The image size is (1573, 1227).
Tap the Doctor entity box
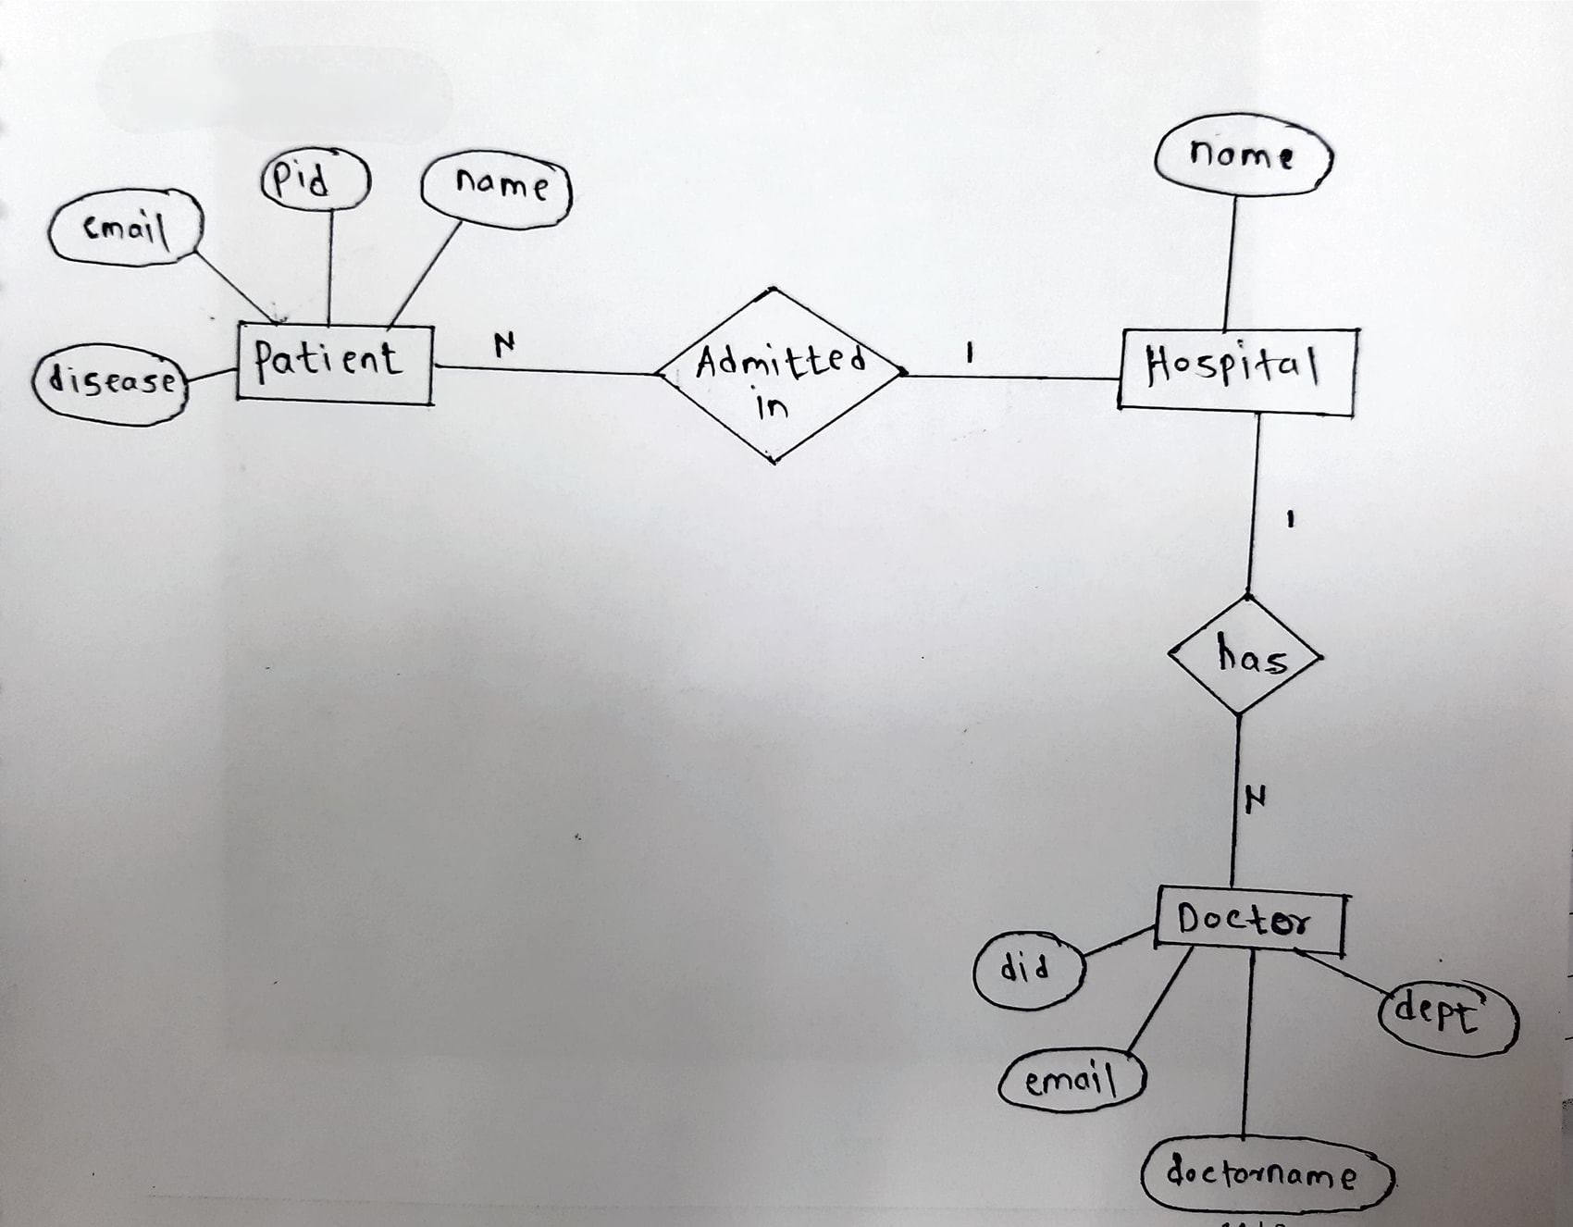pyautogui.click(x=1249, y=922)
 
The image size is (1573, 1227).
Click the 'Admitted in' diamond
pyautogui.click(x=778, y=376)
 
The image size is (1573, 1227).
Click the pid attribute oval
pyautogui.click(x=316, y=180)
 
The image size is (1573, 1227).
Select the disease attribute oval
pyautogui.click(x=110, y=382)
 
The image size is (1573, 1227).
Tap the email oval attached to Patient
pyautogui.click(x=125, y=228)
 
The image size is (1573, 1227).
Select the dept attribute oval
pyautogui.click(x=1446, y=1018)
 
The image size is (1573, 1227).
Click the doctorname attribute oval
pyautogui.click(x=1266, y=1176)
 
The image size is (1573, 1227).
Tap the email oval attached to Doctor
pyautogui.click(x=1072, y=1081)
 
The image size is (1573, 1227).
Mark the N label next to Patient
pyautogui.click(x=503, y=345)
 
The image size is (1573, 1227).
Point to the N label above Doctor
pyautogui.click(x=1256, y=798)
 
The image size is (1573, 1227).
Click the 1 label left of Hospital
pyautogui.click(x=969, y=353)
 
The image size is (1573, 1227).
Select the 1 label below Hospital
pyautogui.click(x=1289, y=520)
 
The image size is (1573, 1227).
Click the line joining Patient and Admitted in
pyautogui.click(x=546, y=371)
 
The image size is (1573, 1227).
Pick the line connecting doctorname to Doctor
pyautogui.click(x=1247, y=1046)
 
